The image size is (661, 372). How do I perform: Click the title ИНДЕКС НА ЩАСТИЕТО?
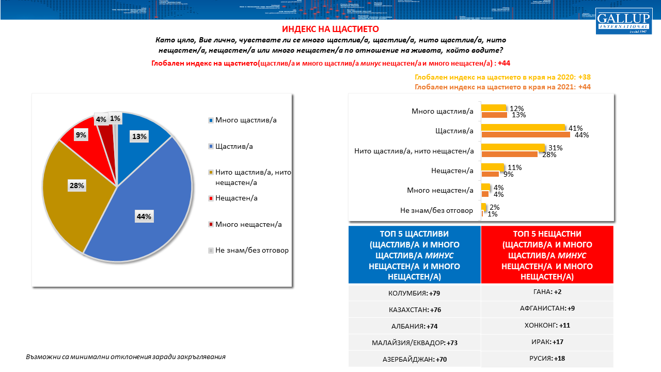point(330,29)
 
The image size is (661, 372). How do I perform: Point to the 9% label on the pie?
point(81,135)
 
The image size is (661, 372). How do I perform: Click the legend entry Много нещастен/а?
point(248,224)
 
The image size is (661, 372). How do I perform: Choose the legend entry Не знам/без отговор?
point(251,250)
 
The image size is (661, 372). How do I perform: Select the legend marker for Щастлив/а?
point(211,147)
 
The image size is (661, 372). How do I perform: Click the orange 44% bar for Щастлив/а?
point(526,135)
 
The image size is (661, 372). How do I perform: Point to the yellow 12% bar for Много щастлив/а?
point(493,108)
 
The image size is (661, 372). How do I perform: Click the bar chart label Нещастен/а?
point(452,170)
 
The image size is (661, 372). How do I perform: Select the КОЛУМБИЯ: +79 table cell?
point(415,293)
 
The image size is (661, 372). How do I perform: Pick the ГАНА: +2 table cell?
point(547,292)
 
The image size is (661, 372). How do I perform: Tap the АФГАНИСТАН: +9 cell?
point(547,308)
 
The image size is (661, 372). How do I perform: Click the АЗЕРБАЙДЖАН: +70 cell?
point(415,359)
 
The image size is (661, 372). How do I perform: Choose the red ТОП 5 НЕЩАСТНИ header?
point(547,255)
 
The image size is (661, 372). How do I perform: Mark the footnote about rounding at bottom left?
point(125,357)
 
